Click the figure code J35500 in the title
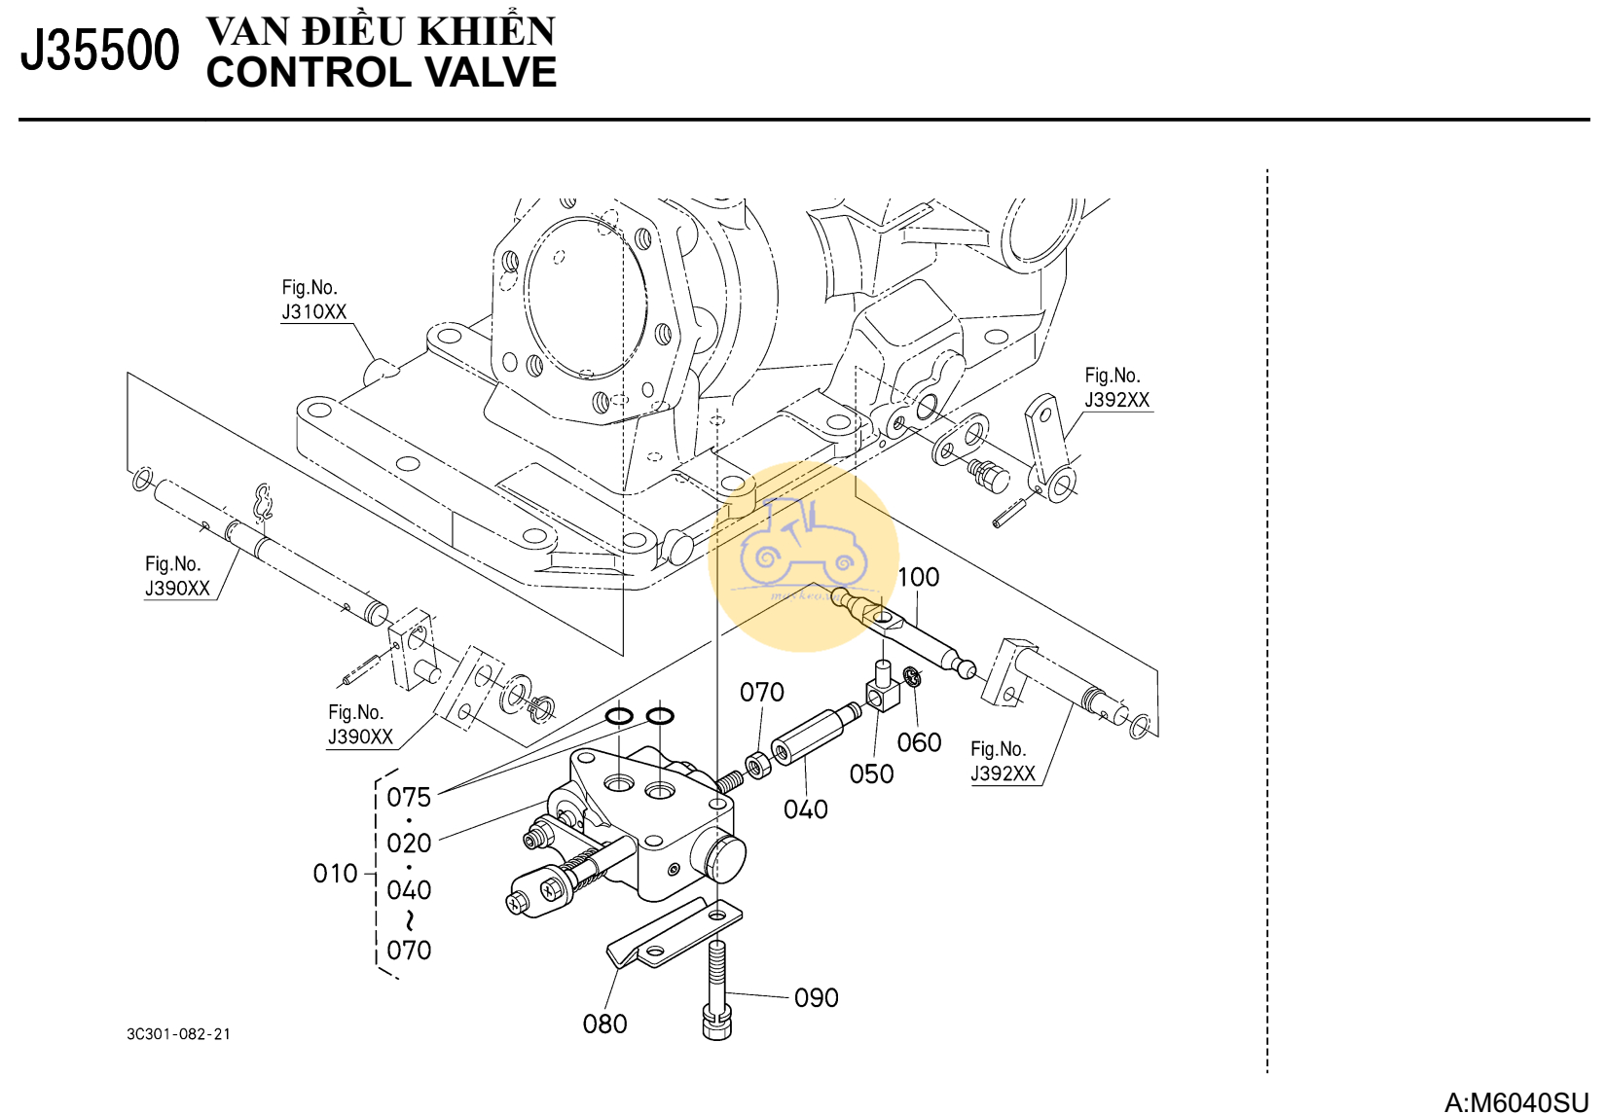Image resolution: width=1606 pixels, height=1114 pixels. (x=99, y=51)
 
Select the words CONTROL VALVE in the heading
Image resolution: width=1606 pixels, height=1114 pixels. (x=381, y=73)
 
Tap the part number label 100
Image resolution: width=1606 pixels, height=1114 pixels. (x=918, y=577)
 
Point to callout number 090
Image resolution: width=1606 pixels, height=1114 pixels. (x=816, y=997)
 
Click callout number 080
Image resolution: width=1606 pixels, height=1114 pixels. (x=604, y=1024)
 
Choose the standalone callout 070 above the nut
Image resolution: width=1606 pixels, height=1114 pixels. (x=761, y=692)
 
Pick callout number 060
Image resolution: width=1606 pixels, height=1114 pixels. (x=919, y=742)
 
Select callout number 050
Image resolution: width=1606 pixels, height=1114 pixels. (x=871, y=773)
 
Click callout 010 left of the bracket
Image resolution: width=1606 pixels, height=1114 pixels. (x=336, y=874)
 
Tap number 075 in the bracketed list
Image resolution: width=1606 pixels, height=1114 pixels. (x=409, y=797)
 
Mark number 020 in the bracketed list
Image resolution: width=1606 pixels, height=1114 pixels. (x=409, y=843)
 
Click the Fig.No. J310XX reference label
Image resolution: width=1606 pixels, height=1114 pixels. (x=313, y=300)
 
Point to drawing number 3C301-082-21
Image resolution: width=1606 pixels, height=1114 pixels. (x=179, y=1033)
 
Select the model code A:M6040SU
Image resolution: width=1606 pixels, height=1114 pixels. (x=1515, y=1101)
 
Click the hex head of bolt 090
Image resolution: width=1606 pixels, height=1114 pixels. (x=716, y=1024)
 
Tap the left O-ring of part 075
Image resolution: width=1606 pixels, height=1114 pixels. (x=619, y=717)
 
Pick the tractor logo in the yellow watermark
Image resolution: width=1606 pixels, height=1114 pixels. (x=802, y=545)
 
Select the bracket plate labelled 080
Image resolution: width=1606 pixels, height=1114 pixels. (x=672, y=936)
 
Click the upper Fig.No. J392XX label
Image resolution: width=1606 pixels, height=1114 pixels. (x=1116, y=387)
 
